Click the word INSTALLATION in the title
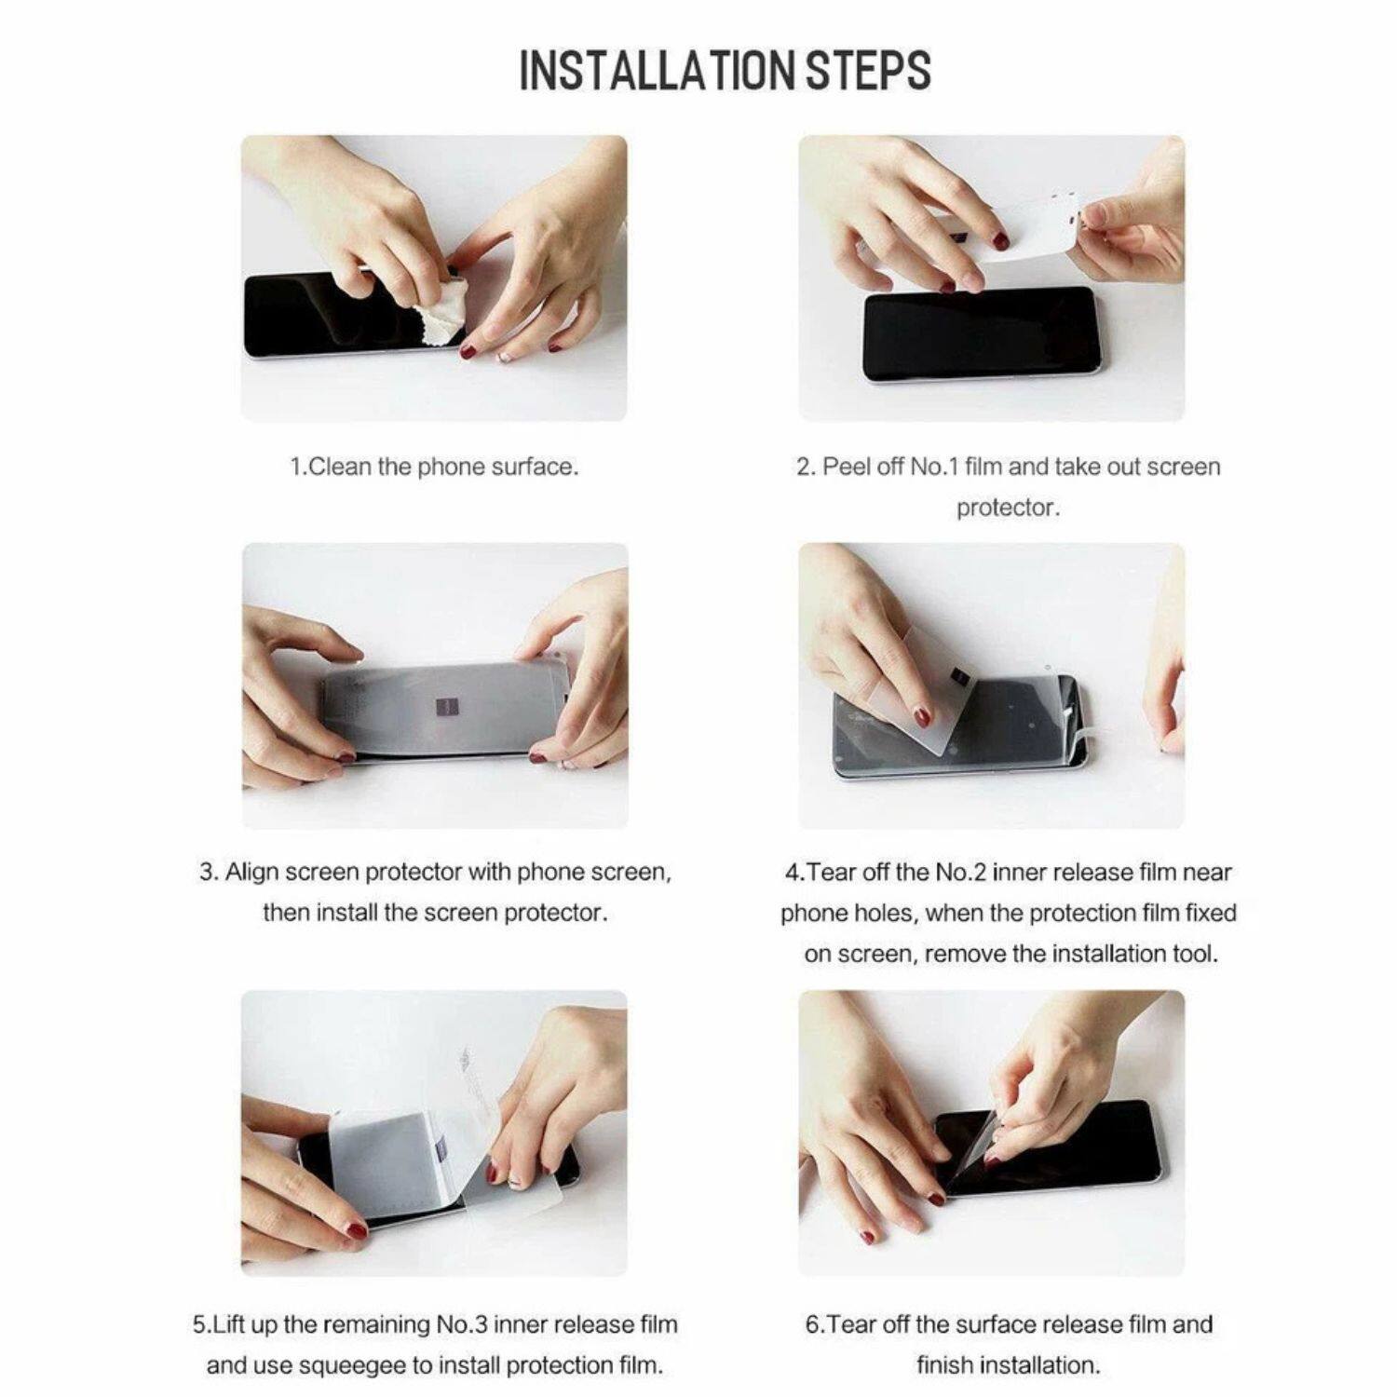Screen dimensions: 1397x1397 (658, 71)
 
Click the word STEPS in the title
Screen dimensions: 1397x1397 (868, 71)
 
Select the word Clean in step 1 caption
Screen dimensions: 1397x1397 (339, 467)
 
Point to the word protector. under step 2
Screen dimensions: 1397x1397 (1008, 508)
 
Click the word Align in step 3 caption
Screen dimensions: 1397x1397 (251, 873)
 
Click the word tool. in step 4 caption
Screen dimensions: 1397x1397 (1191, 954)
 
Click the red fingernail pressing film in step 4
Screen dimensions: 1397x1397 (922, 717)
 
